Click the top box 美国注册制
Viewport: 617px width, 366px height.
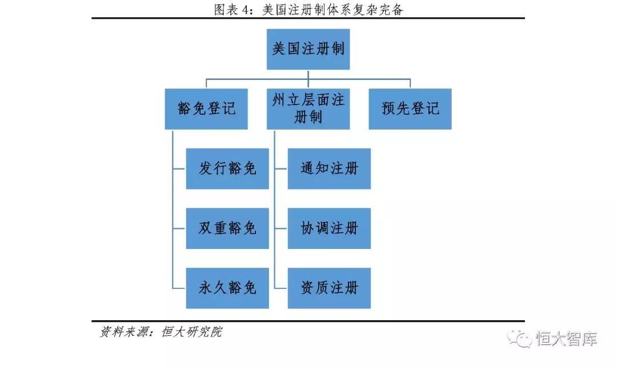(308, 49)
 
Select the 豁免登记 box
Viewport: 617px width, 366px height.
(206, 108)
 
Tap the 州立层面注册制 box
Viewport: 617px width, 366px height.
(308, 108)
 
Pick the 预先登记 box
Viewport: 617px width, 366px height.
(410, 108)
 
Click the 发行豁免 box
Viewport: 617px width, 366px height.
(227, 168)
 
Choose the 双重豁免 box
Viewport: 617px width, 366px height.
(227, 228)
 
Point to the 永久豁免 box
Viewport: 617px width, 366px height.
(227, 288)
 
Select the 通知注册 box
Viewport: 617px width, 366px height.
(329, 168)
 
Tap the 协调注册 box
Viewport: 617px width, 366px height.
(329, 228)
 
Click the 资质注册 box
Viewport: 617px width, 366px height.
(329, 288)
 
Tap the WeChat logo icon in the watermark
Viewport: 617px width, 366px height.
(520, 339)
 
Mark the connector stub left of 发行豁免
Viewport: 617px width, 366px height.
(179, 168)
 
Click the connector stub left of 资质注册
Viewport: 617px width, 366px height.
(281, 288)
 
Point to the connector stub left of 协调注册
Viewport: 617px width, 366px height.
(281, 228)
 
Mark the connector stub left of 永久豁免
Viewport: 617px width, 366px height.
(179, 288)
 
